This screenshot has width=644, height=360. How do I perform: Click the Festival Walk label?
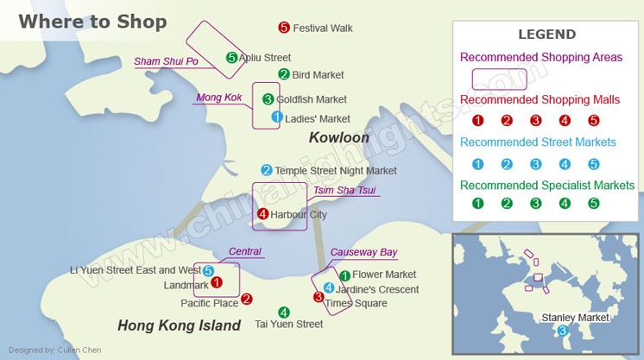[x=323, y=28]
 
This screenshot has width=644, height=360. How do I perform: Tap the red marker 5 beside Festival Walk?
[x=284, y=28]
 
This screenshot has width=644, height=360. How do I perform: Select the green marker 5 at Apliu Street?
[x=231, y=58]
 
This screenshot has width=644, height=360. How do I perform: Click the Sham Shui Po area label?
[x=166, y=61]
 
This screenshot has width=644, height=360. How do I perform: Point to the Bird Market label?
[x=318, y=75]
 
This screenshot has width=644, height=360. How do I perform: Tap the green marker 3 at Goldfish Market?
[x=268, y=99]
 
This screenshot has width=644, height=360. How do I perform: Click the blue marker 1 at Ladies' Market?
[x=276, y=117]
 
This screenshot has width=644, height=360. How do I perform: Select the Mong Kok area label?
[x=219, y=98]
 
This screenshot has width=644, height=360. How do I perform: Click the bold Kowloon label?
[x=339, y=138]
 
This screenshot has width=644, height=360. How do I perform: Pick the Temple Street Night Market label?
[x=336, y=171]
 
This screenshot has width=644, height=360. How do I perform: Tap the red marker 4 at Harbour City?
[x=262, y=214]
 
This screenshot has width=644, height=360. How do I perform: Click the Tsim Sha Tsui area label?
[x=344, y=191]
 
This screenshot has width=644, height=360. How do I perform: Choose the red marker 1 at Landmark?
[x=217, y=281]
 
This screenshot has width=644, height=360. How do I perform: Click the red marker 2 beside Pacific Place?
[x=247, y=300]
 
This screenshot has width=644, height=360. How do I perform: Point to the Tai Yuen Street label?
[x=289, y=325]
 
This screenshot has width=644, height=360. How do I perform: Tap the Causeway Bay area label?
[x=363, y=252]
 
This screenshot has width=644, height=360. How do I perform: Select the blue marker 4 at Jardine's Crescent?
[x=328, y=287]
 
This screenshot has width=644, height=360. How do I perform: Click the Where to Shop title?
[x=92, y=22]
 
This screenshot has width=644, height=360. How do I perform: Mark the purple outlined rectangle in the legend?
[x=499, y=79]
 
